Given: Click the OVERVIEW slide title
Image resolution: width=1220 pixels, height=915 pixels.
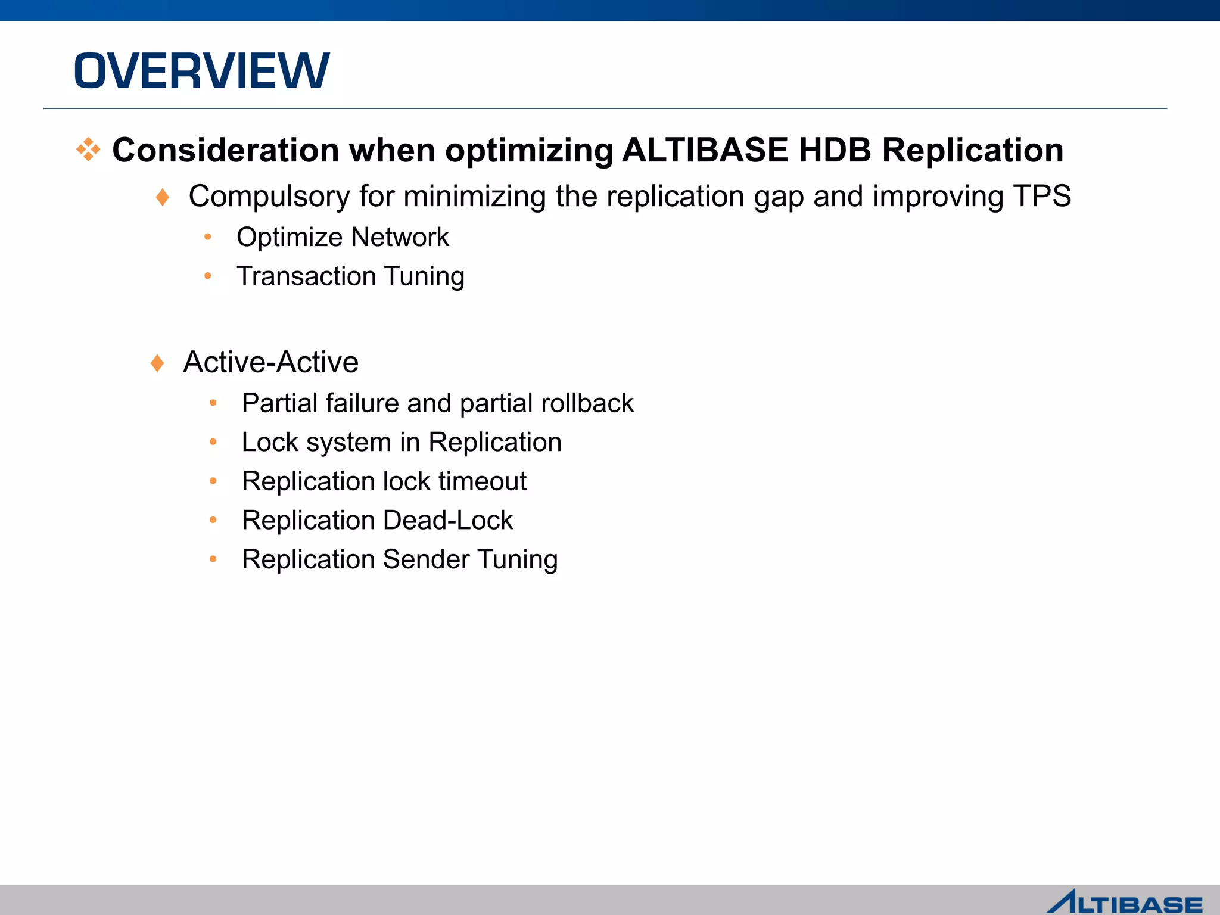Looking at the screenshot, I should (201, 71).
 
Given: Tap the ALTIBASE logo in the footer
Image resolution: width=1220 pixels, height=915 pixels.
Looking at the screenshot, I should (1125, 901).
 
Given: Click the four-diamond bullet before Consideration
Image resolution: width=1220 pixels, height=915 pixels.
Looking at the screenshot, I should (88, 150).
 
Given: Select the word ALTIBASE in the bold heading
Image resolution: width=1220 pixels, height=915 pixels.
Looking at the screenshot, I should (704, 150).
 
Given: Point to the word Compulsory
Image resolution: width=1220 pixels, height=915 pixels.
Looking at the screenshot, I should (269, 197).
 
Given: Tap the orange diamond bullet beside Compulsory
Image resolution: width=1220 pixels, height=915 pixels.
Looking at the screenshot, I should (162, 197).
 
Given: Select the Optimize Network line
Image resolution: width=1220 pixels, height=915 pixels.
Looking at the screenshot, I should (343, 237).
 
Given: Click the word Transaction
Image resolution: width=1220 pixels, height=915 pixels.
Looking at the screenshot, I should (306, 276).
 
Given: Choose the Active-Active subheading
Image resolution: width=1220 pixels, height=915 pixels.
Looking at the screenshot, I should (270, 362).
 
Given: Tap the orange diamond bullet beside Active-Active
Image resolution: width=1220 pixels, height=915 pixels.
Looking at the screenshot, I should (157, 363).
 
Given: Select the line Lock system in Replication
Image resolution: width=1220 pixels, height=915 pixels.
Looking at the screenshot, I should (402, 443).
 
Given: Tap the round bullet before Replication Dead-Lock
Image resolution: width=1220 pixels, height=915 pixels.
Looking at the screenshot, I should (213, 520).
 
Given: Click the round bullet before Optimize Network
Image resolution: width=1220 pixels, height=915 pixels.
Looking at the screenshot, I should (207, 237).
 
